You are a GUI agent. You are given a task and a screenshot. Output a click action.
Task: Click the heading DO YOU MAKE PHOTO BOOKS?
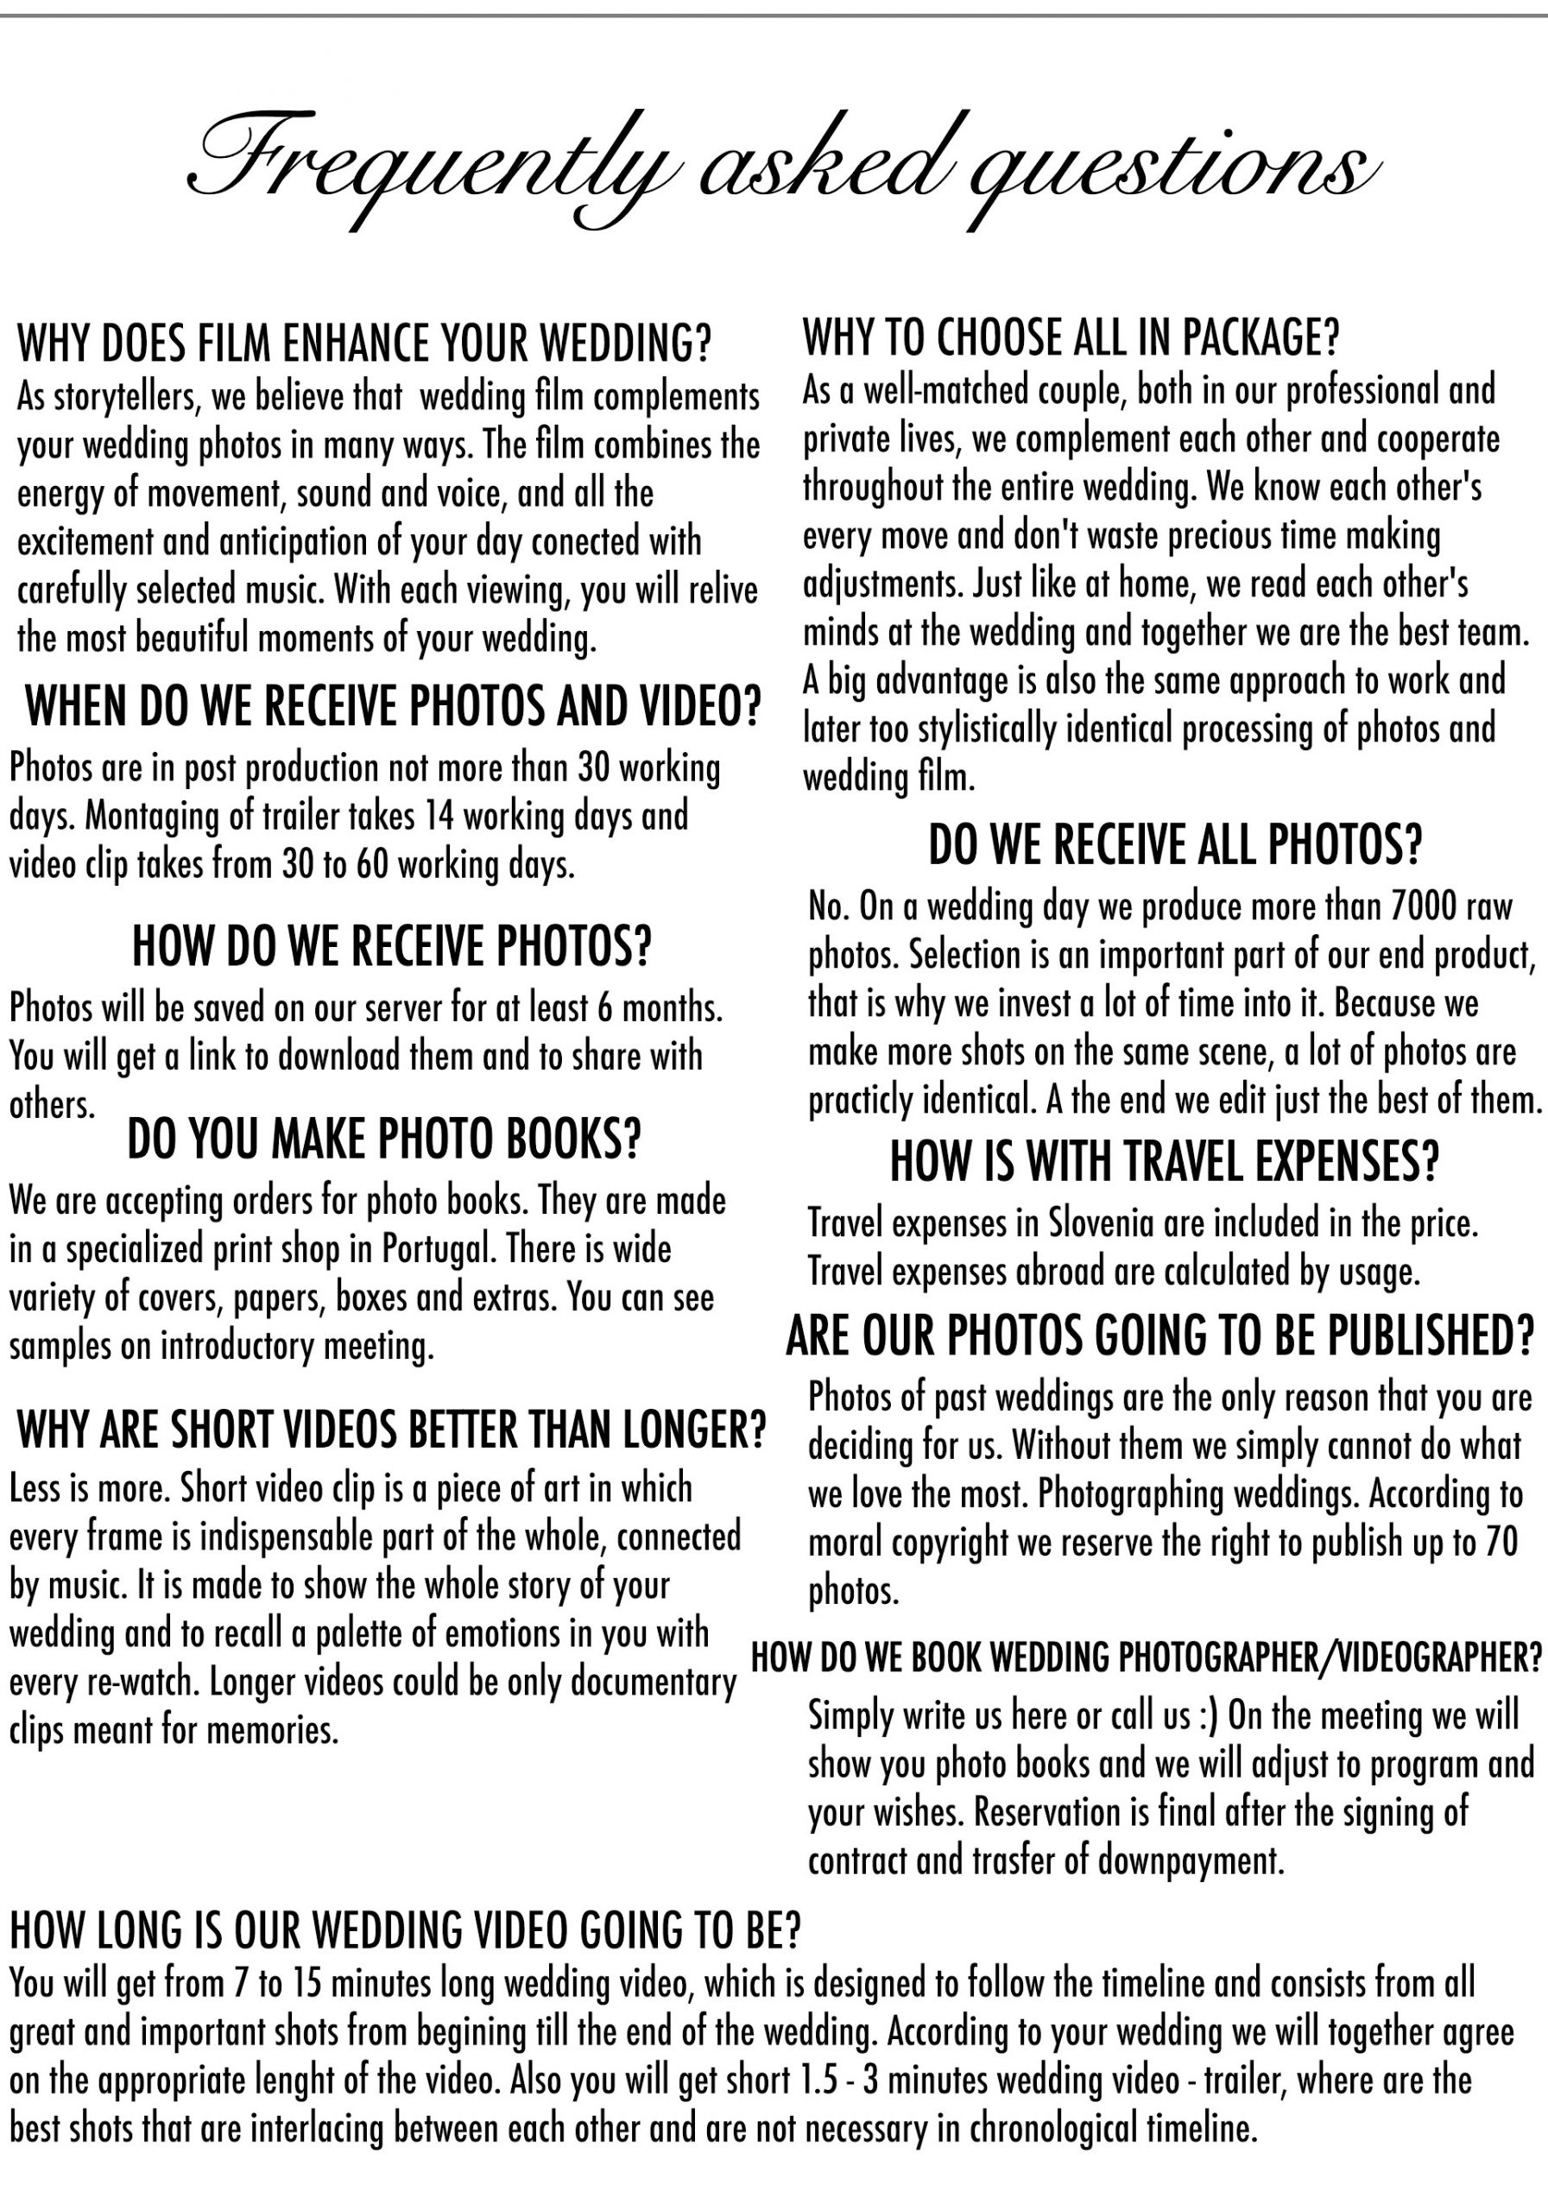tap(384, 1140)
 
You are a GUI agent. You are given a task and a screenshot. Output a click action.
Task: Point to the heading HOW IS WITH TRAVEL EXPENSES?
tap(1164, 1161)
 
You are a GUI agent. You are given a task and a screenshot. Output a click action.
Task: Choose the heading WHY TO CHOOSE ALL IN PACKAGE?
tap(1071, 336)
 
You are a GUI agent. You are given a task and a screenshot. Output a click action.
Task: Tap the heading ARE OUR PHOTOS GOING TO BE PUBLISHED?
tap(1160, 1335)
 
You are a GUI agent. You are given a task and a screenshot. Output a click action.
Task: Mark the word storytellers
tap(124, 396)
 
